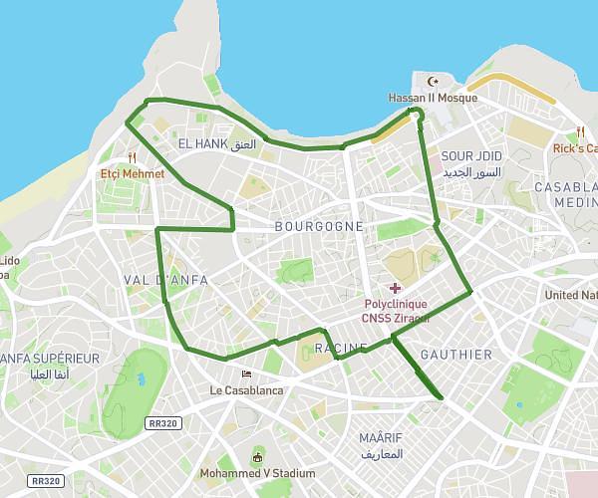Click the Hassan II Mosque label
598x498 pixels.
pyautogui.click(x=432, y=98)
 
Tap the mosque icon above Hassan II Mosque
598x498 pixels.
pyautogui.click(x=432, y=82)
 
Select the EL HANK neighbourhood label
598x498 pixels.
pyautogui.click(x=216, y=144)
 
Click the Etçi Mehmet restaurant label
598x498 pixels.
pyautogui.click(x=132, y=173)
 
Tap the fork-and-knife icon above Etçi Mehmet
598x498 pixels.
pyautogui.click(x=132, y=157)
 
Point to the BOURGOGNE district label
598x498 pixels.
pyautogui.click(x=319, y=226)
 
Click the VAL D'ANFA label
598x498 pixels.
pyautogui.click(x=165, y=280)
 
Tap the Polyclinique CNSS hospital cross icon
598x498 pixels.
pyautogui.click(x=396, y=288)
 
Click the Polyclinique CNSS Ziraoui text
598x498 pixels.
pyautogui.click(x=396, y=310)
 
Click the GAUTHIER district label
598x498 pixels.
pyautogui.click(x=456, y=355)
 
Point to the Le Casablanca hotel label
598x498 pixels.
pyautogui.click(x=246, y=390)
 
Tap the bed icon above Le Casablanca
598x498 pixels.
pyautogui.click(x=246, y=373)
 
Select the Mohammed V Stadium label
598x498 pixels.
pyautogui.click(x=258, y=473)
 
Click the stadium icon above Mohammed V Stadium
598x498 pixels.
pyautogui.click(x=258, y=457)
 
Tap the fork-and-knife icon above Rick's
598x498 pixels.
pyautogui.click(x=580, y=131)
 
